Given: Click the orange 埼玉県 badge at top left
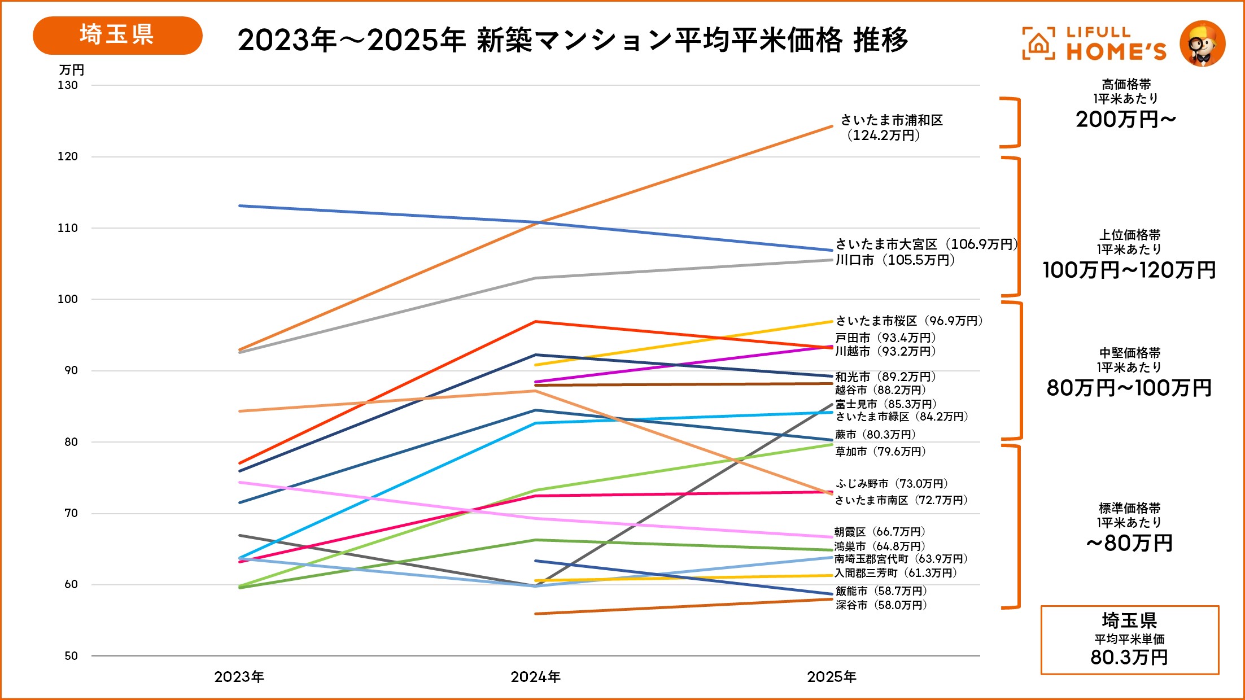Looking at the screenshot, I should point(117,35).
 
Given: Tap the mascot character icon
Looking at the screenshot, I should point(1203,44).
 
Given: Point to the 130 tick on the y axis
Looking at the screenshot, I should point(68,85).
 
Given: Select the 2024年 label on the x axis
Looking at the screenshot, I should point(535,677).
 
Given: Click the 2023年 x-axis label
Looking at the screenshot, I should point(239,677).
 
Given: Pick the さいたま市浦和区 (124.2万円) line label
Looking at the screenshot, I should point(891,128).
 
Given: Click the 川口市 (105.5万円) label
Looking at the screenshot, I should point(895,260).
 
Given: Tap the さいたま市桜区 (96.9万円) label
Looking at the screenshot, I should point(909,321).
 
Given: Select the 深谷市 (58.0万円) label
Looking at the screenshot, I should point(881,605).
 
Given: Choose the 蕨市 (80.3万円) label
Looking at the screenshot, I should point(875,435).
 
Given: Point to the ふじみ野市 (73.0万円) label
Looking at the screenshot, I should point(892,484).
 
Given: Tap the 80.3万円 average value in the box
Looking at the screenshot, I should point(1129,657).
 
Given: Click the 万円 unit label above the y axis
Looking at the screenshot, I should point(72,70).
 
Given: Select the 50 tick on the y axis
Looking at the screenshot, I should point(71,656).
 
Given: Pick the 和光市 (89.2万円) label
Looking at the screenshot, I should point(885,377).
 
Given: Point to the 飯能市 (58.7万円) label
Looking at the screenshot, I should point(881,591).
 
